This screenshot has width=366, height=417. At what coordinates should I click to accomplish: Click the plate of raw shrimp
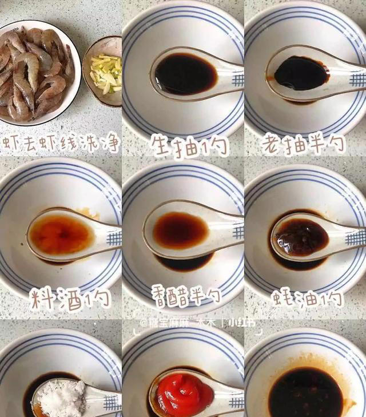click(x=37, y=72)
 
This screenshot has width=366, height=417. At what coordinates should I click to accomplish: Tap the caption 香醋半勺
click(x=186, y=296)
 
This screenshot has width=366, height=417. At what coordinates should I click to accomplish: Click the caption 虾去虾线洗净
click(x=61, y=144)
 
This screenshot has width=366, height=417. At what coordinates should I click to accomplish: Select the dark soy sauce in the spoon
click(x=301, y=73)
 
